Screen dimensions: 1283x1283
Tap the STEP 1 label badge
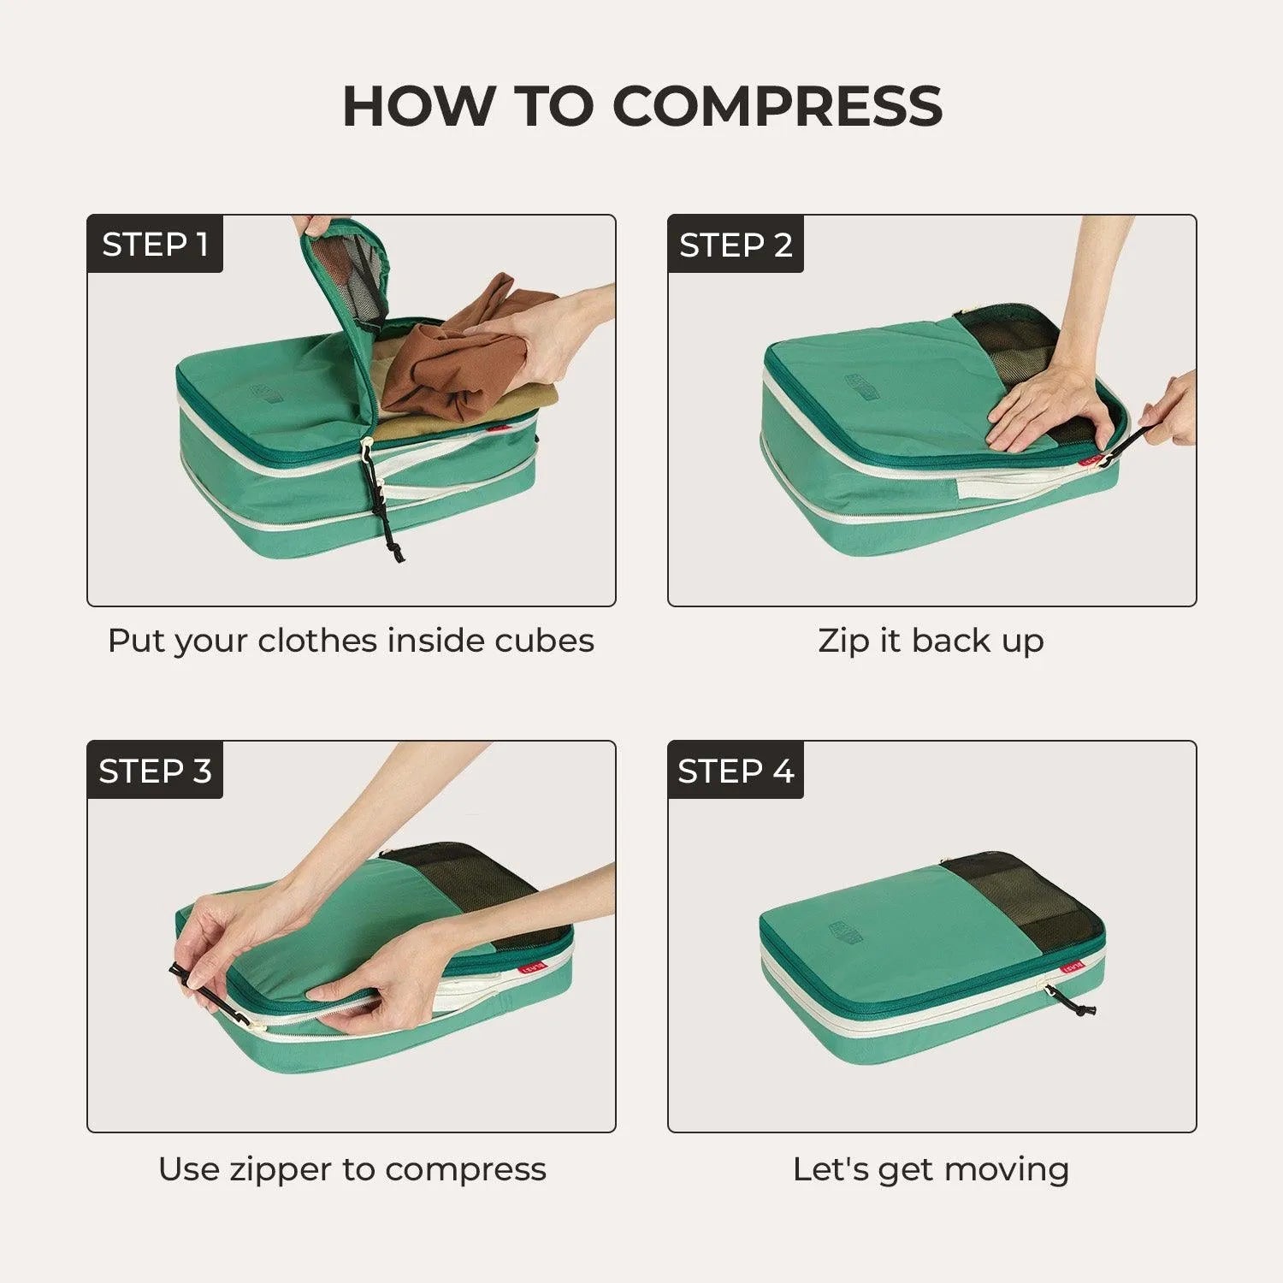coord(155,245)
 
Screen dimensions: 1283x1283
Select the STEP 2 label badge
coord(736,245)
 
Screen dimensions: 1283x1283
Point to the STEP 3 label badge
coord(155,771)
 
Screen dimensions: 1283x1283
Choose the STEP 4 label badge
coord(736,771)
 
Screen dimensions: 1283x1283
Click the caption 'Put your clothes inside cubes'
coord(351,641)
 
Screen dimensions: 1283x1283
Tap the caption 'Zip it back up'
coord(931,641)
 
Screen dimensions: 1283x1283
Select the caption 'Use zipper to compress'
coord(352,1168)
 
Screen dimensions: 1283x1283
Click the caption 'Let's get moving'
coord(931,1168)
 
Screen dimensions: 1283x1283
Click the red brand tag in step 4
coord(1072,967)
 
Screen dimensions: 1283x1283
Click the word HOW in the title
coord(418,106)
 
